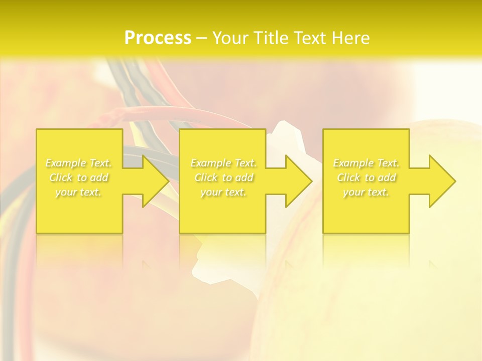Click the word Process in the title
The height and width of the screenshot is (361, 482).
pos(158,38)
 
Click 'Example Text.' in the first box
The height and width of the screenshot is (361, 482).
pos(78,163)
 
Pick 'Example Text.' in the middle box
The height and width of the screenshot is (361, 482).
pos(223,163)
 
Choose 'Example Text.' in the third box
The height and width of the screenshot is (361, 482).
pos(366,163)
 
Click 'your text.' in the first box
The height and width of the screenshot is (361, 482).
pos(78,192)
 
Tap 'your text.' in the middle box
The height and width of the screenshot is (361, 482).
pos(223,192)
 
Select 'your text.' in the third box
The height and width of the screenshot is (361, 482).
pos(366,192)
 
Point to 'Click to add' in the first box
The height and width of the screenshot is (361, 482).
pos(78,177)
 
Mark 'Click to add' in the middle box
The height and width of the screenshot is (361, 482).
pos(223,177)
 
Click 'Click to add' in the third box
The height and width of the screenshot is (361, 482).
pos(366,177)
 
